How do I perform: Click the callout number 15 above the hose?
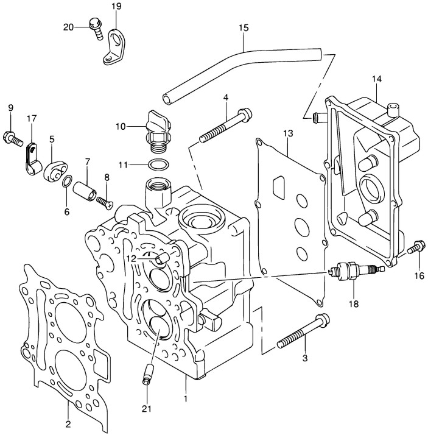coord(244,28)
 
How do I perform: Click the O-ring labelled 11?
coord(158,165)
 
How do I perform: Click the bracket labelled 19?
coord(114,47)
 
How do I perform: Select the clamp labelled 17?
coord(33,160)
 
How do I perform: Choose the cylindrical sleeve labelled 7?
coord(85,192)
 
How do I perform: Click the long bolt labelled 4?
coord(226,126)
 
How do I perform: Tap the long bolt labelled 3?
coord(304,331)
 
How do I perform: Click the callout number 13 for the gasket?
coord(288,133)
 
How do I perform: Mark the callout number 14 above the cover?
coord(377,79)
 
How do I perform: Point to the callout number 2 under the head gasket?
coord(68,424)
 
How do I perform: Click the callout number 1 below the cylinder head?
coord(186,399)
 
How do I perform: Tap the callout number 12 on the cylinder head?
coord(132,259)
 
